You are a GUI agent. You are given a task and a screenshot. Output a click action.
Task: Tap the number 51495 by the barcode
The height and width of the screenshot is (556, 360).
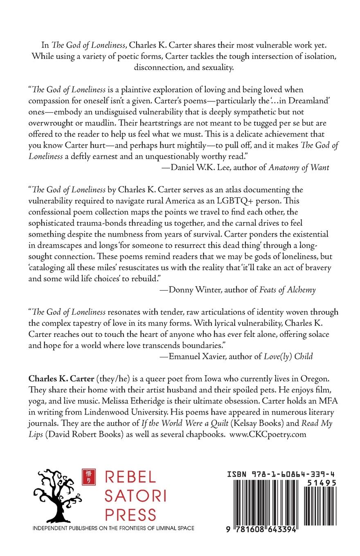click(322, 483)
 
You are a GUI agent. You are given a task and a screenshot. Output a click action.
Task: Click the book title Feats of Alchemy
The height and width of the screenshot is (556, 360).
click(288, 290)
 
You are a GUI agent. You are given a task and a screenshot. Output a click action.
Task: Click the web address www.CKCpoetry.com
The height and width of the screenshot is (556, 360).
click(268, 434)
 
